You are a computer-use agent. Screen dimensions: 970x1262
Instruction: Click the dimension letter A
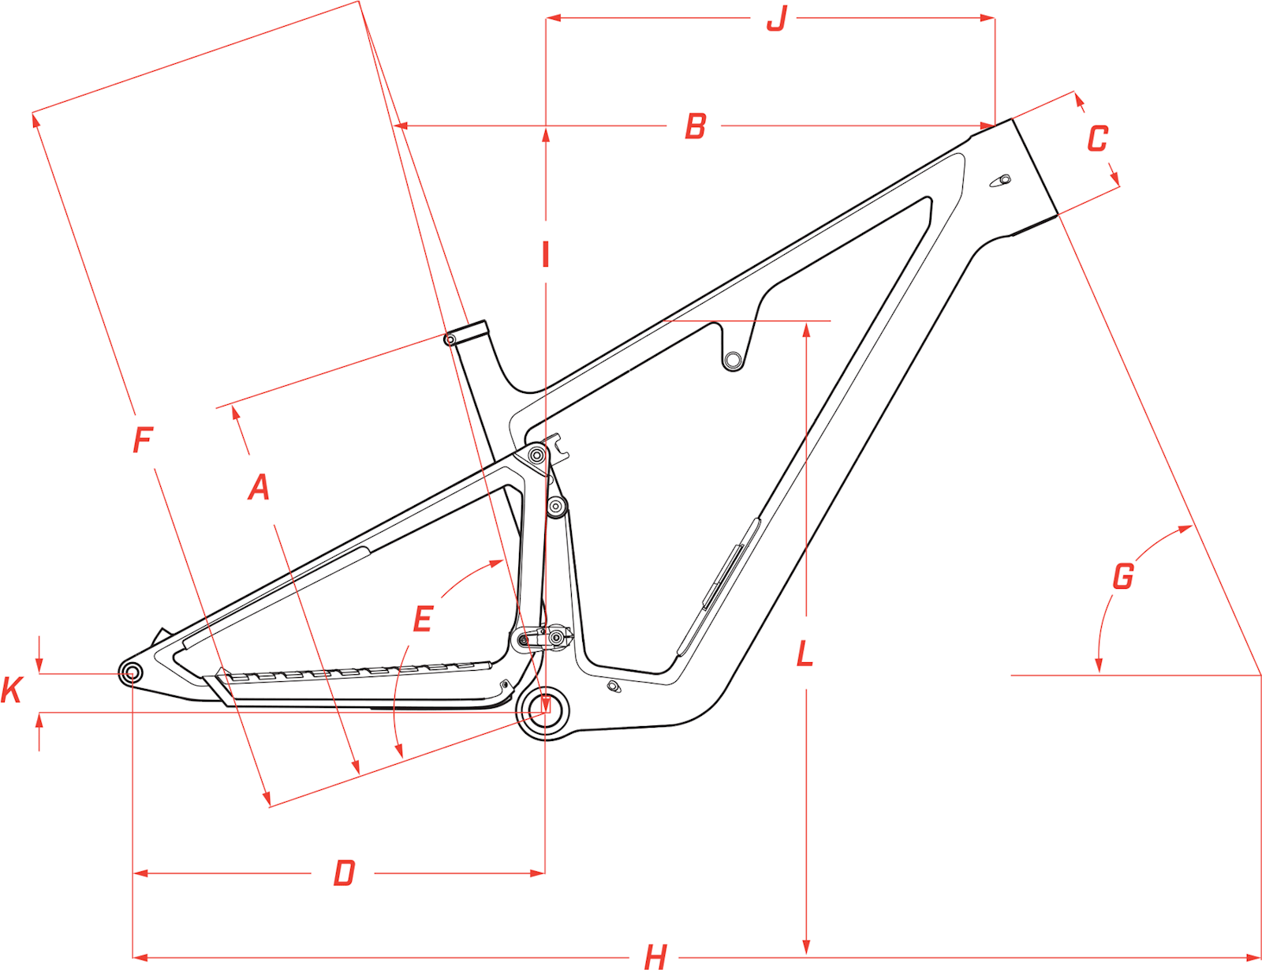(x=259, y=487)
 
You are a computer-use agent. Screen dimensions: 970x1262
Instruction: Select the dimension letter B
(x=695, y=126)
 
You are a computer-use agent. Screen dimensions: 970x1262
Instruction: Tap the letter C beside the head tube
(x=1097, y=139)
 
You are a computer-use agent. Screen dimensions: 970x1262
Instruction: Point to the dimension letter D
(x=344, y=874)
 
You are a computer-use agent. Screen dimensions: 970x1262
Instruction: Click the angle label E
(x=423, y=620)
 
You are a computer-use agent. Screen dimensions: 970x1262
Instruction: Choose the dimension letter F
(x=142, y=440)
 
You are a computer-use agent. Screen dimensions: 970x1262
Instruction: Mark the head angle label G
(x=1122, y=576)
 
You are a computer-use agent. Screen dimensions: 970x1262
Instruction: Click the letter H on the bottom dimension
(x=655, y=957)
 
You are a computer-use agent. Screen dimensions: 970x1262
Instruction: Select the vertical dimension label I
(x=545, y=255)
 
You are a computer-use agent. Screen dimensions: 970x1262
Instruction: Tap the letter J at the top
(x=777, y=17)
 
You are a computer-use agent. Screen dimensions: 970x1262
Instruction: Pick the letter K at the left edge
(x=11, y=690)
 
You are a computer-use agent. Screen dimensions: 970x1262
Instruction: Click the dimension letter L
(x=805, y=654)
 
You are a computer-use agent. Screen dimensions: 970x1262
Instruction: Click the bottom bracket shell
(x=545, y=711)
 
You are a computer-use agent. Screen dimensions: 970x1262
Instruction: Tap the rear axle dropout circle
(x=132, y=673)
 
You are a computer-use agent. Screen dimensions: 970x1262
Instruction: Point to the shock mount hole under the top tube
(x=733, y=361)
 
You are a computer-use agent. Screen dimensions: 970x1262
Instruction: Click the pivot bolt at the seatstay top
(x=537, y=455)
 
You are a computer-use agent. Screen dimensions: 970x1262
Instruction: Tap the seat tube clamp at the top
(x=468, y=331)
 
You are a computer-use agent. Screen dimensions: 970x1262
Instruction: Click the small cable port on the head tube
(x=1002, y=181)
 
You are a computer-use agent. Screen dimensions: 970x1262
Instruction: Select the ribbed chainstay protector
(x=355, y=673)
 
